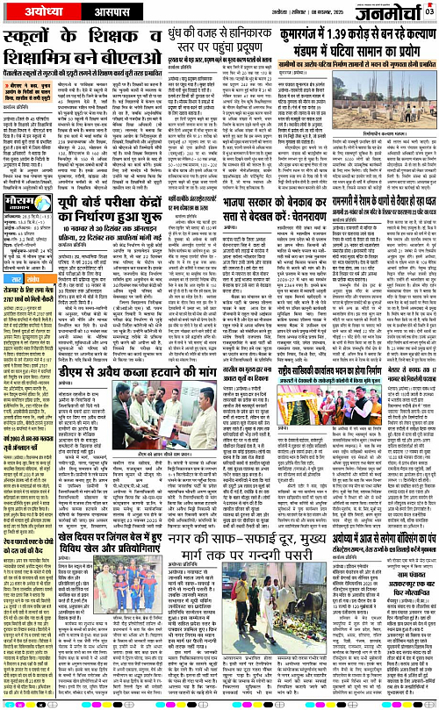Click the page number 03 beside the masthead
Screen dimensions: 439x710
tap(429, 11)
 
